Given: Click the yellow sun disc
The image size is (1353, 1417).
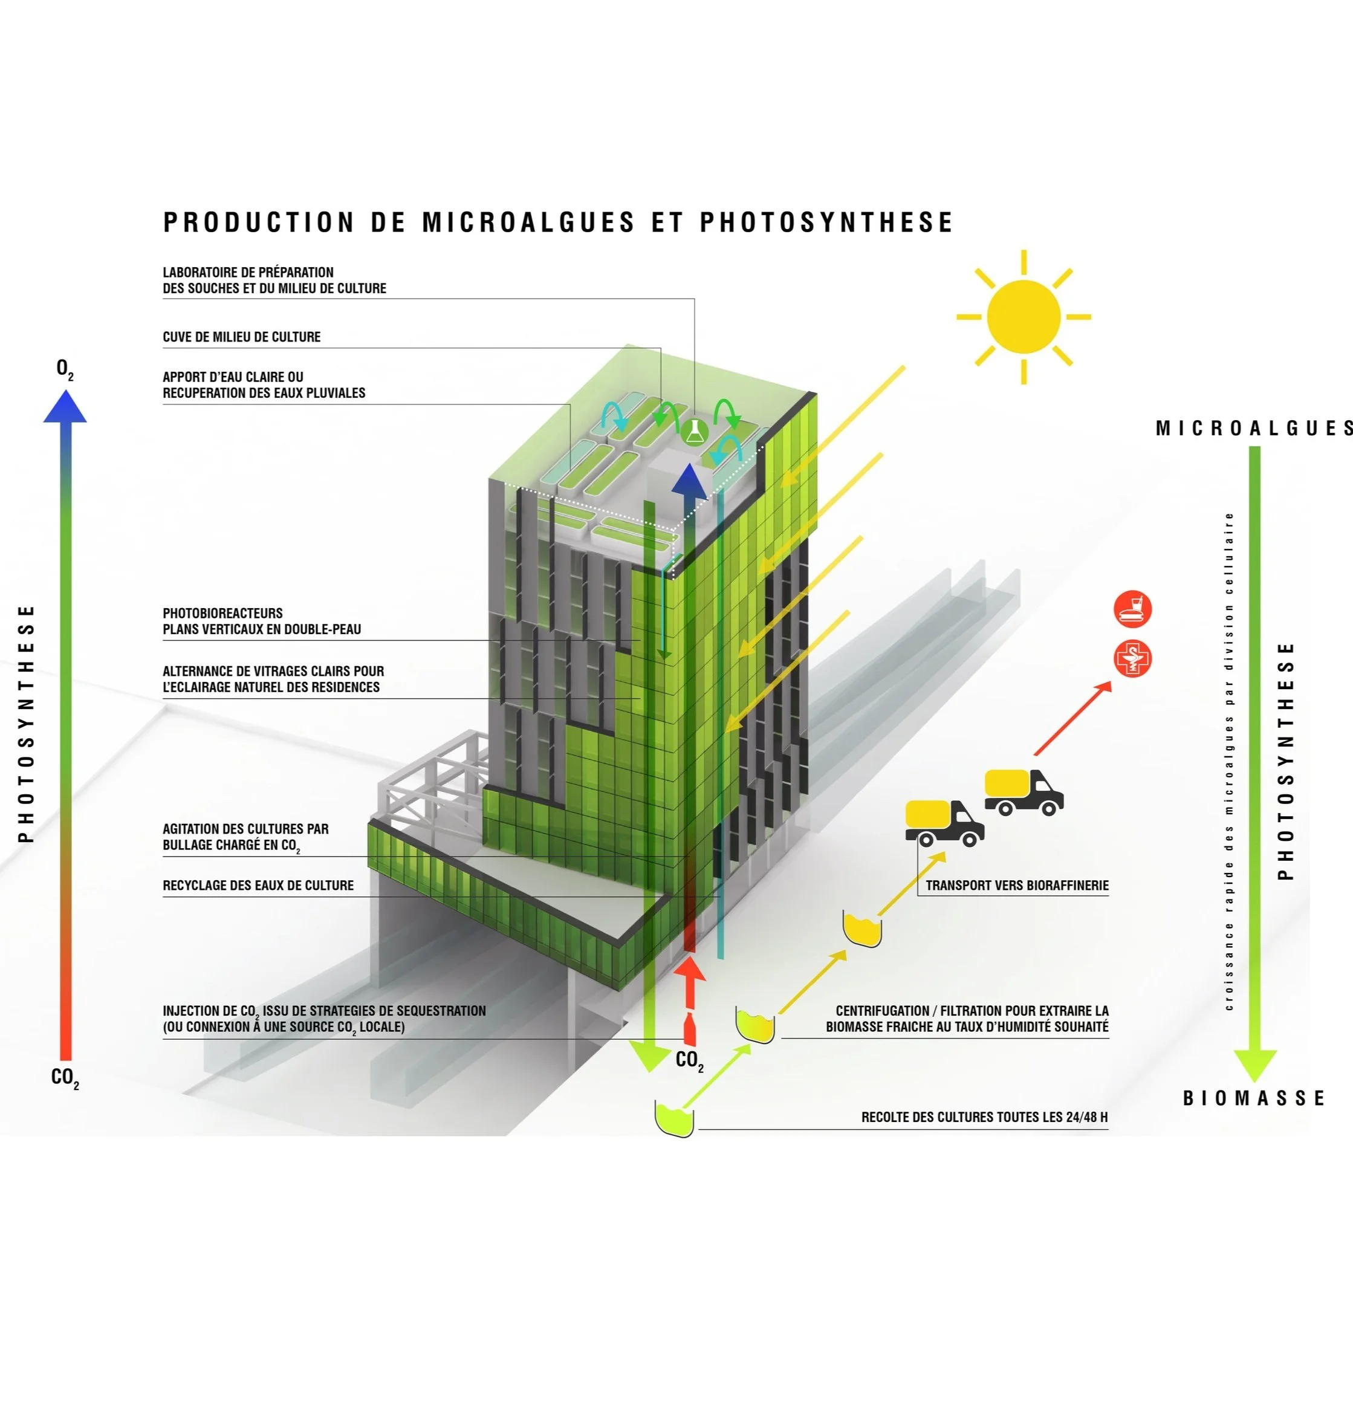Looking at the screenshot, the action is click(1024, 317).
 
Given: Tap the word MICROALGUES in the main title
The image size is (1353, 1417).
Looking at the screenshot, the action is click(528, 222).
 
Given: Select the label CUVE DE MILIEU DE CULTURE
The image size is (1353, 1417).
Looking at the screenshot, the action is click(242, 337).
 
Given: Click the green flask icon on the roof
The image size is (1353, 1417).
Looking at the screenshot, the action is click(694, 431).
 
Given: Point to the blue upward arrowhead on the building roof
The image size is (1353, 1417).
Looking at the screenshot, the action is click(689, 479).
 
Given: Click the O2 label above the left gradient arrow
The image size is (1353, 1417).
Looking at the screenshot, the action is click(65, 369).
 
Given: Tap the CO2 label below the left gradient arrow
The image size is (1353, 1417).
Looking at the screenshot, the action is click(65, 1078).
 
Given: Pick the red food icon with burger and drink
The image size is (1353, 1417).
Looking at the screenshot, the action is click(1132, 609).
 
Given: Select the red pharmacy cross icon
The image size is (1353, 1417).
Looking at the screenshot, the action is click(1132, 658).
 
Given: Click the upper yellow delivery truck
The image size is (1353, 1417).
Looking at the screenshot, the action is click(1024, 792).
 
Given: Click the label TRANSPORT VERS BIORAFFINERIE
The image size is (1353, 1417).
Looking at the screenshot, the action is click(1017, 886).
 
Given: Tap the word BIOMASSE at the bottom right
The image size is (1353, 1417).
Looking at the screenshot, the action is click(1253, 1098).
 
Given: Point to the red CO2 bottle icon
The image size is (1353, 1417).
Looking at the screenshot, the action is click(690, 1028).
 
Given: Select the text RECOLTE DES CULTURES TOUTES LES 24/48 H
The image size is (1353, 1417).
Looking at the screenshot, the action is click(984, 1117).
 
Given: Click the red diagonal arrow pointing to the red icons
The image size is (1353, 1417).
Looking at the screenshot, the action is click(1073, 718).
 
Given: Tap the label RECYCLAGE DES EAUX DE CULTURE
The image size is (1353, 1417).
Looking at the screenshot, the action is click(258, 886).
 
